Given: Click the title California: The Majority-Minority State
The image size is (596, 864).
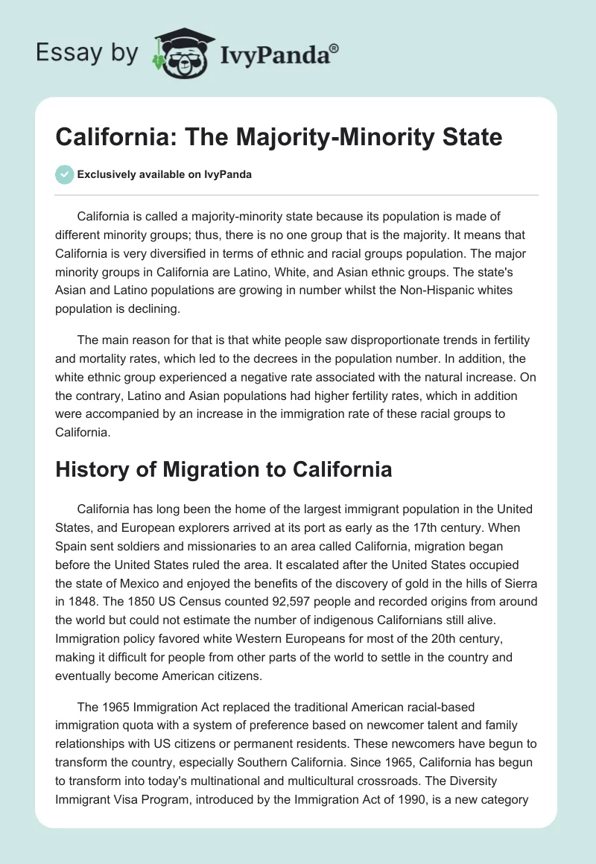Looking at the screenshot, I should point(279,138).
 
